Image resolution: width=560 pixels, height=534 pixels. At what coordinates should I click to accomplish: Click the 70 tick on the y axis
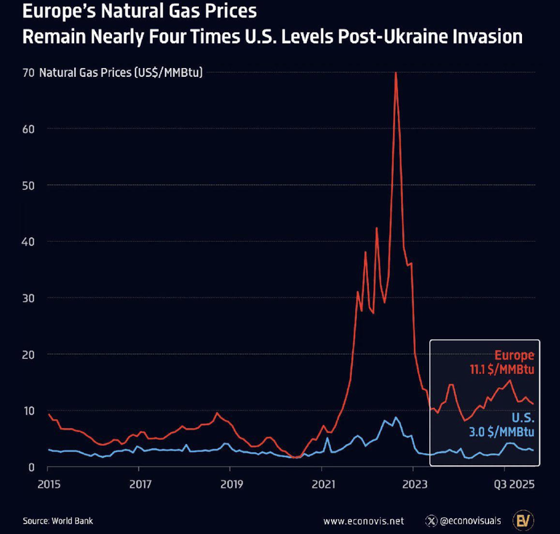point(28,72)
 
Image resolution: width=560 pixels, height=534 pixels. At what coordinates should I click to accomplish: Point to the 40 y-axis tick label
point(28,241)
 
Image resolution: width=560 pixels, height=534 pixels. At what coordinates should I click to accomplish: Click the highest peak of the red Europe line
point(396,73)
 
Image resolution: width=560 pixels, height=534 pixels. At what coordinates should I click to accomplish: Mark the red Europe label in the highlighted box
point(514,355)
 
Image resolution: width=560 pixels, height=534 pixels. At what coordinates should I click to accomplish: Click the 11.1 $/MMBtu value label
point(504,369)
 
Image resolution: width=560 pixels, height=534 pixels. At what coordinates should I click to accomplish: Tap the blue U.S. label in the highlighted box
point(523,418)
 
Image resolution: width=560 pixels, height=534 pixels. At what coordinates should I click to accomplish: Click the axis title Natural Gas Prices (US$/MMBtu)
point(121,72)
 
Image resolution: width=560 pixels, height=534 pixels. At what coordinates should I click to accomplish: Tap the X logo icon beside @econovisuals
point(430,521)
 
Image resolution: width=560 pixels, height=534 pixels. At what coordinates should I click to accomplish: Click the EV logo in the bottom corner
point(523,520)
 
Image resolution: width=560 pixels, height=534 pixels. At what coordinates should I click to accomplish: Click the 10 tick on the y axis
point(28,410)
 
